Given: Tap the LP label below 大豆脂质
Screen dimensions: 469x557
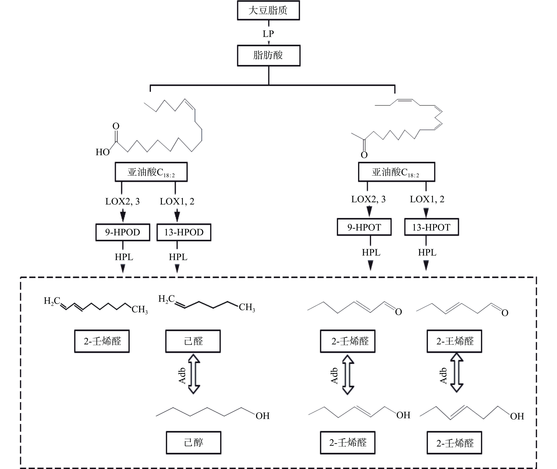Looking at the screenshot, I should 268,34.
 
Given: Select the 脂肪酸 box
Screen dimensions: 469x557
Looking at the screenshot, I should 268,55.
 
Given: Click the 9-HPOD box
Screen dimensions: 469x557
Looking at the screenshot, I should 123,232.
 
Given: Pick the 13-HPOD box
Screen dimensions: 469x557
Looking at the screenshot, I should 184,232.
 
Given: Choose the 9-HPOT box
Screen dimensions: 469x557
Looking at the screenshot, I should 364,227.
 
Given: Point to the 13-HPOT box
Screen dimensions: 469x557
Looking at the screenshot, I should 431,227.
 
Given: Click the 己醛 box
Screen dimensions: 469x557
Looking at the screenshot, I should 193,341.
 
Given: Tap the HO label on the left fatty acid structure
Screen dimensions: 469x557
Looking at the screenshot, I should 103,152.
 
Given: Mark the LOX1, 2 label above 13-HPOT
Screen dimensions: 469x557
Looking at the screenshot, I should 427,199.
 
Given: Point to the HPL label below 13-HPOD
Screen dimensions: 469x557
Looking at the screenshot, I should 178,257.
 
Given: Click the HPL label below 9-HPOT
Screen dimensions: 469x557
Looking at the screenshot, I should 371,252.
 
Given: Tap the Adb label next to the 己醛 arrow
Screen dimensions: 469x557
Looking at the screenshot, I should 182,376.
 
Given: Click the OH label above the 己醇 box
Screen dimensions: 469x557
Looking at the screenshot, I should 263,416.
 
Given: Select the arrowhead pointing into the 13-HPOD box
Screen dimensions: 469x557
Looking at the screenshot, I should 177,217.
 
